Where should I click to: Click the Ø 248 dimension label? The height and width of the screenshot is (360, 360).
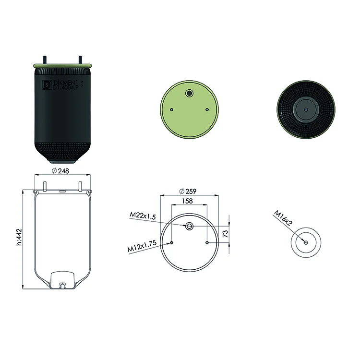[x=60, y=171]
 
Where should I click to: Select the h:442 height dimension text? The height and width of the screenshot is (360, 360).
[x=19, y=237]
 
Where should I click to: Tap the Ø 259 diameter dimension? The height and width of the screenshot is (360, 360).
[x=188, y=191]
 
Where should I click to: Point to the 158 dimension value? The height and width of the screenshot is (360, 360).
[x=187, y=201]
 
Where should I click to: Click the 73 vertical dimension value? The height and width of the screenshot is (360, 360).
[x=226, y=234]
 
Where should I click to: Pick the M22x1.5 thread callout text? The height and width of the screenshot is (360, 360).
[x=143, y=216]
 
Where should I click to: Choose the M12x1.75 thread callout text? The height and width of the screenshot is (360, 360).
[x=142, y=246]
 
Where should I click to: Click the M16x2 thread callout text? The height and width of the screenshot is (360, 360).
[x=283, y=218]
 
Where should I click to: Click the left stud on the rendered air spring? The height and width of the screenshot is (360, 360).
[x=44, y=60]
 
